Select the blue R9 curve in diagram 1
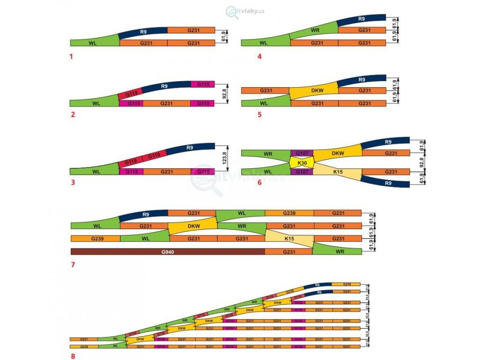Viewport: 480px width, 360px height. point(143,32)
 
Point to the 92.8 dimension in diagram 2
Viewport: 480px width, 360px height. point(225,94)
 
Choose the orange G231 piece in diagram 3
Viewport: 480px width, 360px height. point(166,172)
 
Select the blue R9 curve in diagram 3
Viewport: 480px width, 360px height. point(189,149)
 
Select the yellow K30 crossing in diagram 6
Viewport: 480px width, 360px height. point(302,163)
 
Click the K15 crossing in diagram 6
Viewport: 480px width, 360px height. point(337,172)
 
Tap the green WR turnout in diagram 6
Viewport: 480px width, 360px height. point(268,153)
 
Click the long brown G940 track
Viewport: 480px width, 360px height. point(167,251)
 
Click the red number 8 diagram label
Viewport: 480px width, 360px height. point(73,355)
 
